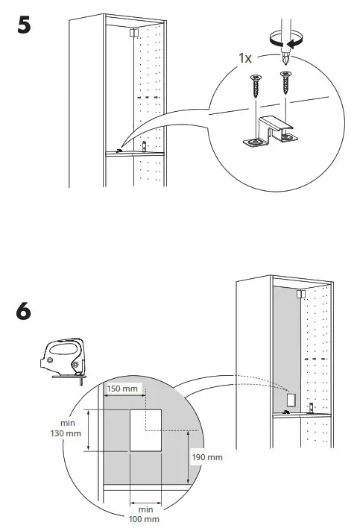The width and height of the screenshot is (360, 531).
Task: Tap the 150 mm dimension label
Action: [122, 389]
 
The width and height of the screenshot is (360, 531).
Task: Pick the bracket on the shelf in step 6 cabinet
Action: [287, 412]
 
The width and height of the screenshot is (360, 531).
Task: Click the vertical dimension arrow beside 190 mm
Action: [187, 455]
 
